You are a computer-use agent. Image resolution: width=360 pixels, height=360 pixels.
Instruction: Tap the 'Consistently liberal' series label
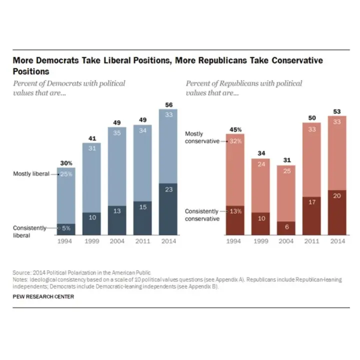coord(29,231)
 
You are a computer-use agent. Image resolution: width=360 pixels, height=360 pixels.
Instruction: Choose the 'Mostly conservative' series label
coord(202,137)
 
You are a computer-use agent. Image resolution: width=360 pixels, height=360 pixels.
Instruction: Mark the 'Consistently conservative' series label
coord(202,215)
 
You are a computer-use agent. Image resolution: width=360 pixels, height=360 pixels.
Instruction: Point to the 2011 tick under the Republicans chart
coord(311,241)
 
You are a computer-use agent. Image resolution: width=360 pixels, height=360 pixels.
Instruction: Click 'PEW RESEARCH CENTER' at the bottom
coord(43,297)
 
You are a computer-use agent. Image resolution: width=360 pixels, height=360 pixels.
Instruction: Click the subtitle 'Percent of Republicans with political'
coord(243,83)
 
